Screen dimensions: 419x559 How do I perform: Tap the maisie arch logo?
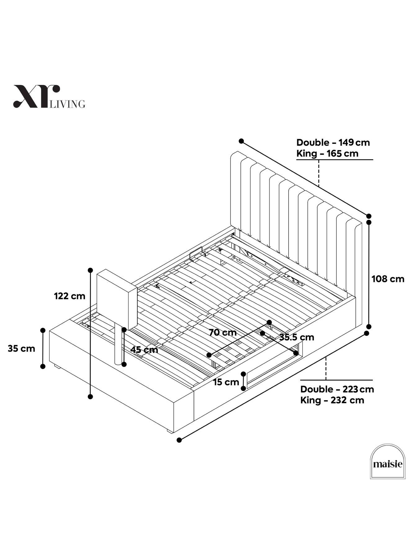(388, 461)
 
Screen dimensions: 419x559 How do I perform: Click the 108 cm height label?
(388, 279)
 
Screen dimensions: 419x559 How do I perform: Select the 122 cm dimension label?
(70, 296)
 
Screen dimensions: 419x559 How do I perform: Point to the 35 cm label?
(21, 348)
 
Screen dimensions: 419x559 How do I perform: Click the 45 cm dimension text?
(144, 350)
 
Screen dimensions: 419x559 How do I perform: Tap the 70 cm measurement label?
(223, 333)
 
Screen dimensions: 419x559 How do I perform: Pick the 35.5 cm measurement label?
(297, 337)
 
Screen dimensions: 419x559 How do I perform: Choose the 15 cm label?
(226, 382)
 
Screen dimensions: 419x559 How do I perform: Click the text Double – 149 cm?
(333, 143)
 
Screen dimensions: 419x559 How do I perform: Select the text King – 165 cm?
(327, 153)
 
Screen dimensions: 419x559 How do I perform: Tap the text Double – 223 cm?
(337, 389)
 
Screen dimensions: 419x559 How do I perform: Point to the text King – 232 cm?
(332, 400)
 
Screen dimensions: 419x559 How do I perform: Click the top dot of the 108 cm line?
(369, 222)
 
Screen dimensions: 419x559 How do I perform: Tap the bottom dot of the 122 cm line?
(90, 396)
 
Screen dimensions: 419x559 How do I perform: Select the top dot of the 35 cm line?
(43, 330)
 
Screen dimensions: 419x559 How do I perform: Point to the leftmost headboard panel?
(236, 191)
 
